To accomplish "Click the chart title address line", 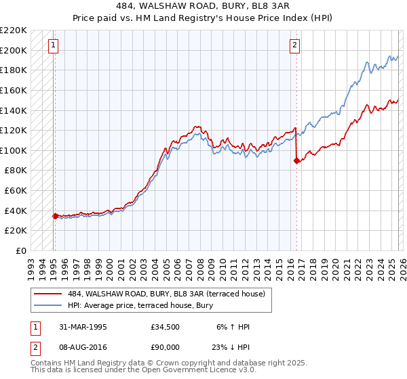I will [x=203, y=6].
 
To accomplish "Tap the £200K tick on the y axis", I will [x=14, y=50].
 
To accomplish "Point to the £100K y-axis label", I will [x=14, y=150].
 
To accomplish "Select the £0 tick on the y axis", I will [x=21, y=250].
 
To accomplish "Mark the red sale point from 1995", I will [x=56, y=216].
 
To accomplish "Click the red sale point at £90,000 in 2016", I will [x=296, y=160].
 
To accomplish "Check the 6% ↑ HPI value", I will [x=232, y=327].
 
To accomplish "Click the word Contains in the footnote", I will [x=47, y=363].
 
